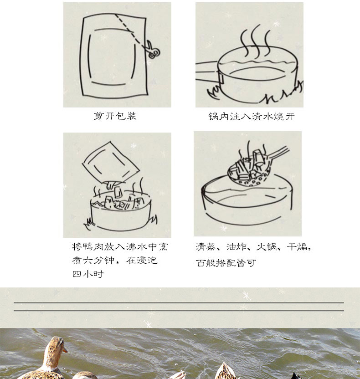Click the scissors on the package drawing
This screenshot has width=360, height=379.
click(x=152, y=50)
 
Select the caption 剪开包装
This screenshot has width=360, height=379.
click(x=115, y=116)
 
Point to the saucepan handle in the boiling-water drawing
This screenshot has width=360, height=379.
click(x=207, y=70)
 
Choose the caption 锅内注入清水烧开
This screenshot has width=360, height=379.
click(x=252, y=117)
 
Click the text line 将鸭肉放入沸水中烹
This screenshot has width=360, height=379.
click(x=120, y=246)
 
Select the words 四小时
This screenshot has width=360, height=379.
click(x=88, y=274)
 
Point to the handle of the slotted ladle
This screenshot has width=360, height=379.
click(x=278, y=152)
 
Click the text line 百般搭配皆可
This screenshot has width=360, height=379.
click(x=226, y=263)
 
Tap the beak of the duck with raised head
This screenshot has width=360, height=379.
click(x=65, y=349)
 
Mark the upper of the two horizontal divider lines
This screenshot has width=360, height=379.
click(x=179, y=302)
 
